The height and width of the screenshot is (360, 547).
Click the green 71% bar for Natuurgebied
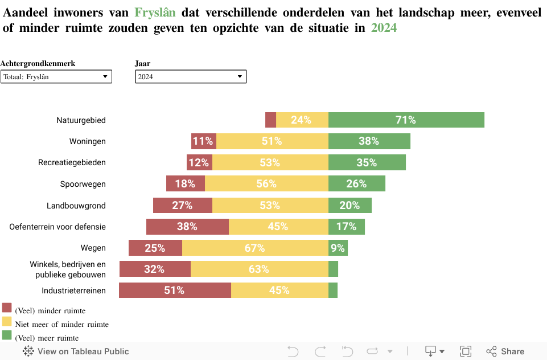pos(406,120)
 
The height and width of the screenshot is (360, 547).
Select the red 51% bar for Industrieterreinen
pos(175,290)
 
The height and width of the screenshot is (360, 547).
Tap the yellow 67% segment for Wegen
pos(255,248)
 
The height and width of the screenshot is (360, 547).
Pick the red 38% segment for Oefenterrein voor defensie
pos(187,226)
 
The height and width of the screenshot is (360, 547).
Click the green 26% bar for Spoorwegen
pos(356,183)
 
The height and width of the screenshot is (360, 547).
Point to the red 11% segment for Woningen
pos(203,141)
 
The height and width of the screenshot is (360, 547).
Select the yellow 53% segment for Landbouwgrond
pos(270,205)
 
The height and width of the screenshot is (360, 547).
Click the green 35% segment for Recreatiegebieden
pos(367,162)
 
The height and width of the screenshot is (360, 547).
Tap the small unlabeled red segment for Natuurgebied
pos(270,120)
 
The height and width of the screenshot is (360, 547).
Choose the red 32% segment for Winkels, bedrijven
pos(155,269)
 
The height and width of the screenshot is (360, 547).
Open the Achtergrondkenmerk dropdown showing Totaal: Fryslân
pos(56,76)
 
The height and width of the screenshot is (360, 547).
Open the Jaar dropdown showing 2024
pos(191,76)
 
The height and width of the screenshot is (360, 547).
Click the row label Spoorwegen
pos(83,184)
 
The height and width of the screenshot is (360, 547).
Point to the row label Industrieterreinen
pos(73,291)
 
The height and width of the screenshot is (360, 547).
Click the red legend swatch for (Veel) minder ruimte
pos(7,308)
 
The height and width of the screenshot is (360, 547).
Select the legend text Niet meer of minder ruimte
pos(61,324)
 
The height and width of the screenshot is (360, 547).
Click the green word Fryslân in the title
pos(155,12)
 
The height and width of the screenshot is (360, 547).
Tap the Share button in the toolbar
pos(505,351)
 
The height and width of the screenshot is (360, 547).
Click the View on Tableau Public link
pos(76,351)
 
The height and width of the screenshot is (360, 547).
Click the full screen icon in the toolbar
pos(466,351)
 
